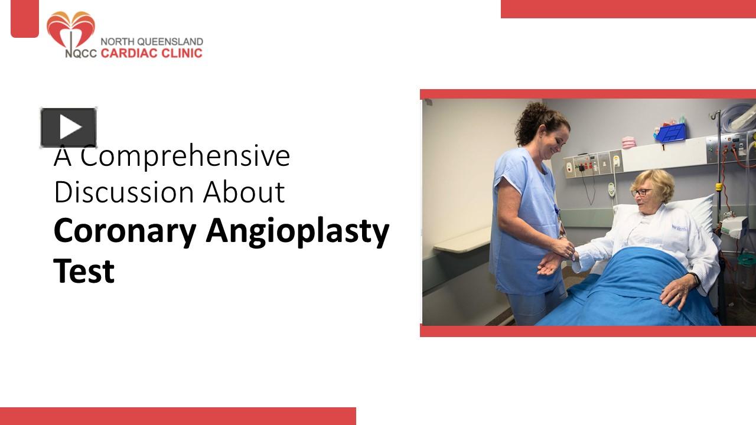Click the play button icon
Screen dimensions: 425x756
[x=69, y=127]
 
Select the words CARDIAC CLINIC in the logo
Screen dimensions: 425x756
[x=151, y=53]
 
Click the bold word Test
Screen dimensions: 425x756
[x=84, y=271]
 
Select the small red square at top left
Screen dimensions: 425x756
[x=25, y=18]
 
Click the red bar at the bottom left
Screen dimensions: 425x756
[x=177, y=416]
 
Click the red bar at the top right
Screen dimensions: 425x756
[x=628, y=9]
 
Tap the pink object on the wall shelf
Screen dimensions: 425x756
[x=629, y=142]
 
